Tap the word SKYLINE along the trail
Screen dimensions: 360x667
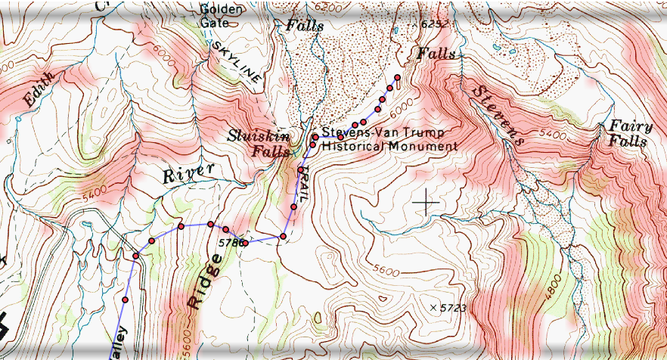237,62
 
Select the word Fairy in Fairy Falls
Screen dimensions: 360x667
626,126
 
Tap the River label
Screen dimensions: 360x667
188,173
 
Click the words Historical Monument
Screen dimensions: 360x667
389,145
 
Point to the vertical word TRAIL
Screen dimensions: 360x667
302,182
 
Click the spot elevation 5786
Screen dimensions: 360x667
231,243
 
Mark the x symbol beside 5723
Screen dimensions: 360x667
433,307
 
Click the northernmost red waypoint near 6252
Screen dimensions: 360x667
397,78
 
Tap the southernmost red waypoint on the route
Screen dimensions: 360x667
125,300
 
